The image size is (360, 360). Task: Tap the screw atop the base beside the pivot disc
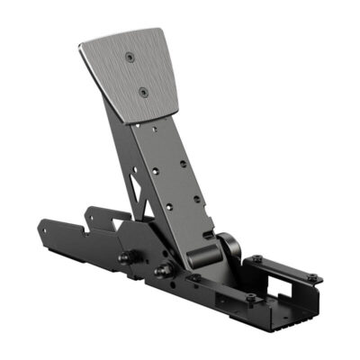(256, 259)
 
